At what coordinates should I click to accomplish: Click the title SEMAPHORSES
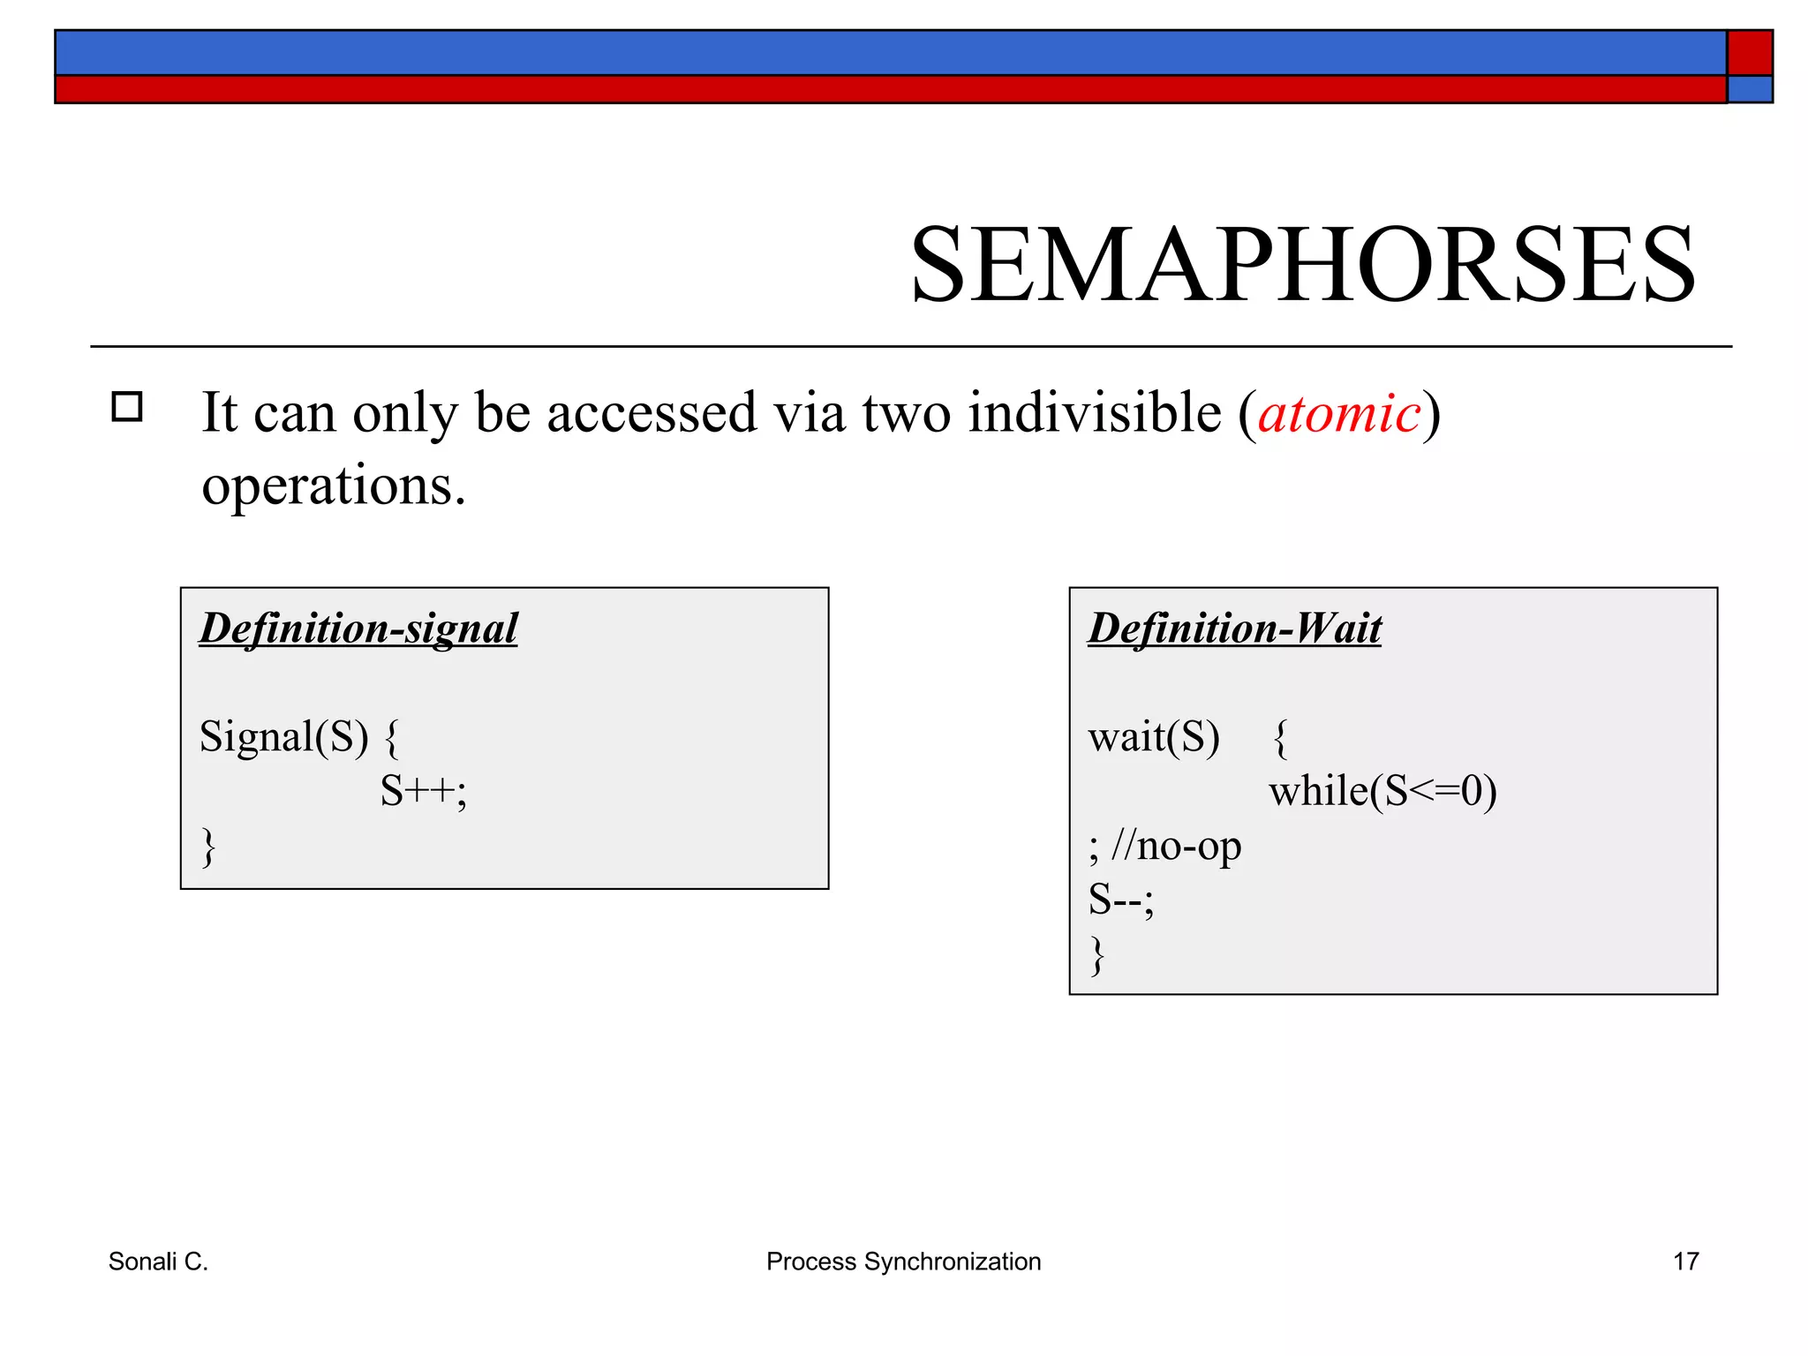1302,265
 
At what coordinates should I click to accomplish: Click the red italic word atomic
1339,413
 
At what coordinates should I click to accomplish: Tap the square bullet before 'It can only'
127,407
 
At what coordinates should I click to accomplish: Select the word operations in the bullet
333,486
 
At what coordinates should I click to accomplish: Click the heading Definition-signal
358,629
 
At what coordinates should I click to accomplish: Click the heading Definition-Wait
1234,629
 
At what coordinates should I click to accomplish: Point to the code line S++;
423,791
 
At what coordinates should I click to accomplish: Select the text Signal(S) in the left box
283,736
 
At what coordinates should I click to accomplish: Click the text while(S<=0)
1382,791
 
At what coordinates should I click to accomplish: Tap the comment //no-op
1177,846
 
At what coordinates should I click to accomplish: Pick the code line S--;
1120,900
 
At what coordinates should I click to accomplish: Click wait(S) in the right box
1154,737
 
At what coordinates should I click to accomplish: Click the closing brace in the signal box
208,847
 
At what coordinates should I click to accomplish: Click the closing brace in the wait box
1097,955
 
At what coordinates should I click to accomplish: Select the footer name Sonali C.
158,1262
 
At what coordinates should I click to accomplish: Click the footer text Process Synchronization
903,1262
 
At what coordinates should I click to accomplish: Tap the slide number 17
1685,1262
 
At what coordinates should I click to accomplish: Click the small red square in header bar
1749,53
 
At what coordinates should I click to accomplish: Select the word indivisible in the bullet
1094,413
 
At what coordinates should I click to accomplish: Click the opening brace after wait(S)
1281,739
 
